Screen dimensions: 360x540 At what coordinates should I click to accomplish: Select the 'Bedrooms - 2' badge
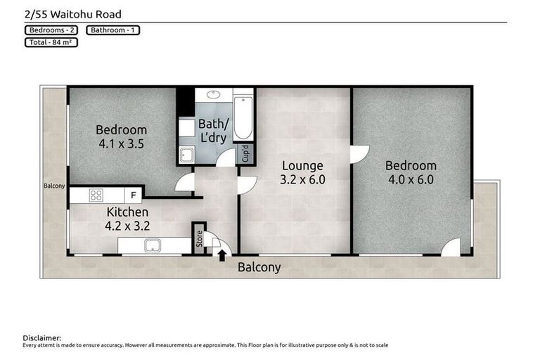[x=52, y=30]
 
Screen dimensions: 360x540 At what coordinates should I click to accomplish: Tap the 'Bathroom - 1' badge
[x=112, y=30]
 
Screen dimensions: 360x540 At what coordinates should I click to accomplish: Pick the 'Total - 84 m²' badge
[x=51, y=42]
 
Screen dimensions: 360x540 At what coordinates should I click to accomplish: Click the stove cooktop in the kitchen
[x=96, y=195]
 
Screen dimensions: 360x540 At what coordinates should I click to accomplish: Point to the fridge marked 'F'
[x=133, y=195]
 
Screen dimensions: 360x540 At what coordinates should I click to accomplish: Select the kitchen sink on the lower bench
[x=152, y=246]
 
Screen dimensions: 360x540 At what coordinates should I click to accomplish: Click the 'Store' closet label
[x=198, y=239]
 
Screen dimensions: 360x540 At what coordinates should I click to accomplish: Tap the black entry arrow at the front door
[x=222, y=255]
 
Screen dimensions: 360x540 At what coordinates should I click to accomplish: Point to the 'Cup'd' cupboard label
[x=245, y=152]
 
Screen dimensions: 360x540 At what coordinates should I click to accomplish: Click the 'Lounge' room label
[x=302, y=166]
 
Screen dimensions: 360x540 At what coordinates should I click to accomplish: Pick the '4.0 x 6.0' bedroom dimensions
[x=411, y=179]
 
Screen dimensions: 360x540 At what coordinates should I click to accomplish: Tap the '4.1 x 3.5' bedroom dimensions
[x=121, y=143]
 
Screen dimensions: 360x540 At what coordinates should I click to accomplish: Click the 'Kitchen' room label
[x=127, y=212]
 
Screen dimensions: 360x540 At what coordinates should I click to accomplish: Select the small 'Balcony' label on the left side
[x=54, y=186]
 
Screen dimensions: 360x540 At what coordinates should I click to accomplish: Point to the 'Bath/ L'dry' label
[x=212, y=131]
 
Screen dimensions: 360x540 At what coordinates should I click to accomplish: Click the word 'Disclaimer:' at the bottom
[x=42, y=338]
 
